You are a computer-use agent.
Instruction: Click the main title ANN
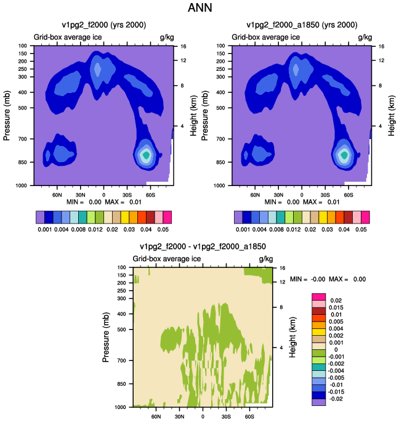199,7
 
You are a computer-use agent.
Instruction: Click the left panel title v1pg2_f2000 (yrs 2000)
104,25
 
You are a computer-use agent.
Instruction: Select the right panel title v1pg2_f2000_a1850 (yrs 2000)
302,25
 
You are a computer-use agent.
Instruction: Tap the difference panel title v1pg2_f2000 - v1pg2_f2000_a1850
203,246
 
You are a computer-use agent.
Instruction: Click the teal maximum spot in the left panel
146,155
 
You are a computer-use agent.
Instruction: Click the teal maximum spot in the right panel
344,155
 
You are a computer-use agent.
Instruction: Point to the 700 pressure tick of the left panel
23,139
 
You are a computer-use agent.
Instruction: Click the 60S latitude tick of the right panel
349,195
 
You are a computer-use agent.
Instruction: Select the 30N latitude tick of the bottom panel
179,416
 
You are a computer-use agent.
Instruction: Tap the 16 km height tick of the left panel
183,46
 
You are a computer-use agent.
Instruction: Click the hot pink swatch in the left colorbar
167,217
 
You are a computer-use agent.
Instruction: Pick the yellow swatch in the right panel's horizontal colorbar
323,217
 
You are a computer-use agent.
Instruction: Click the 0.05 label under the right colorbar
361,230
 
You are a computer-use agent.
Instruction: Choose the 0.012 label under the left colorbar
95,230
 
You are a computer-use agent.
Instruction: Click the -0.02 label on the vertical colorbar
336,399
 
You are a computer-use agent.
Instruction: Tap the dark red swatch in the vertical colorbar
319,311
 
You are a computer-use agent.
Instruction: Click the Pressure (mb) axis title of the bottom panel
106,337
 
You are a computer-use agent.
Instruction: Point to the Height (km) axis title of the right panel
392,115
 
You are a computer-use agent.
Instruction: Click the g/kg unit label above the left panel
167,37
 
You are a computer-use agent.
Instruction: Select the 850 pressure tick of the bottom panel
122,384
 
